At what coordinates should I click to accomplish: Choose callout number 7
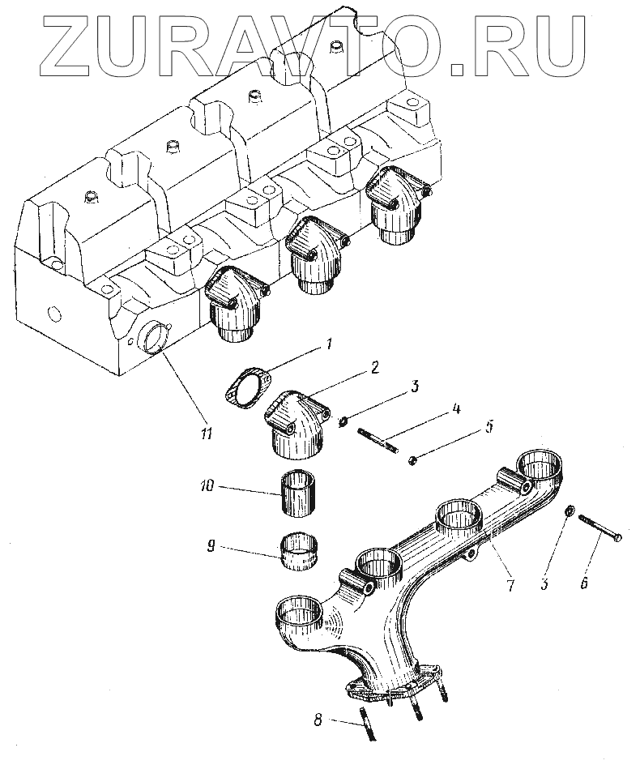(x=510, y=585)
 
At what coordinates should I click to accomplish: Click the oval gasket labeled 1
(x=246, y=386)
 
